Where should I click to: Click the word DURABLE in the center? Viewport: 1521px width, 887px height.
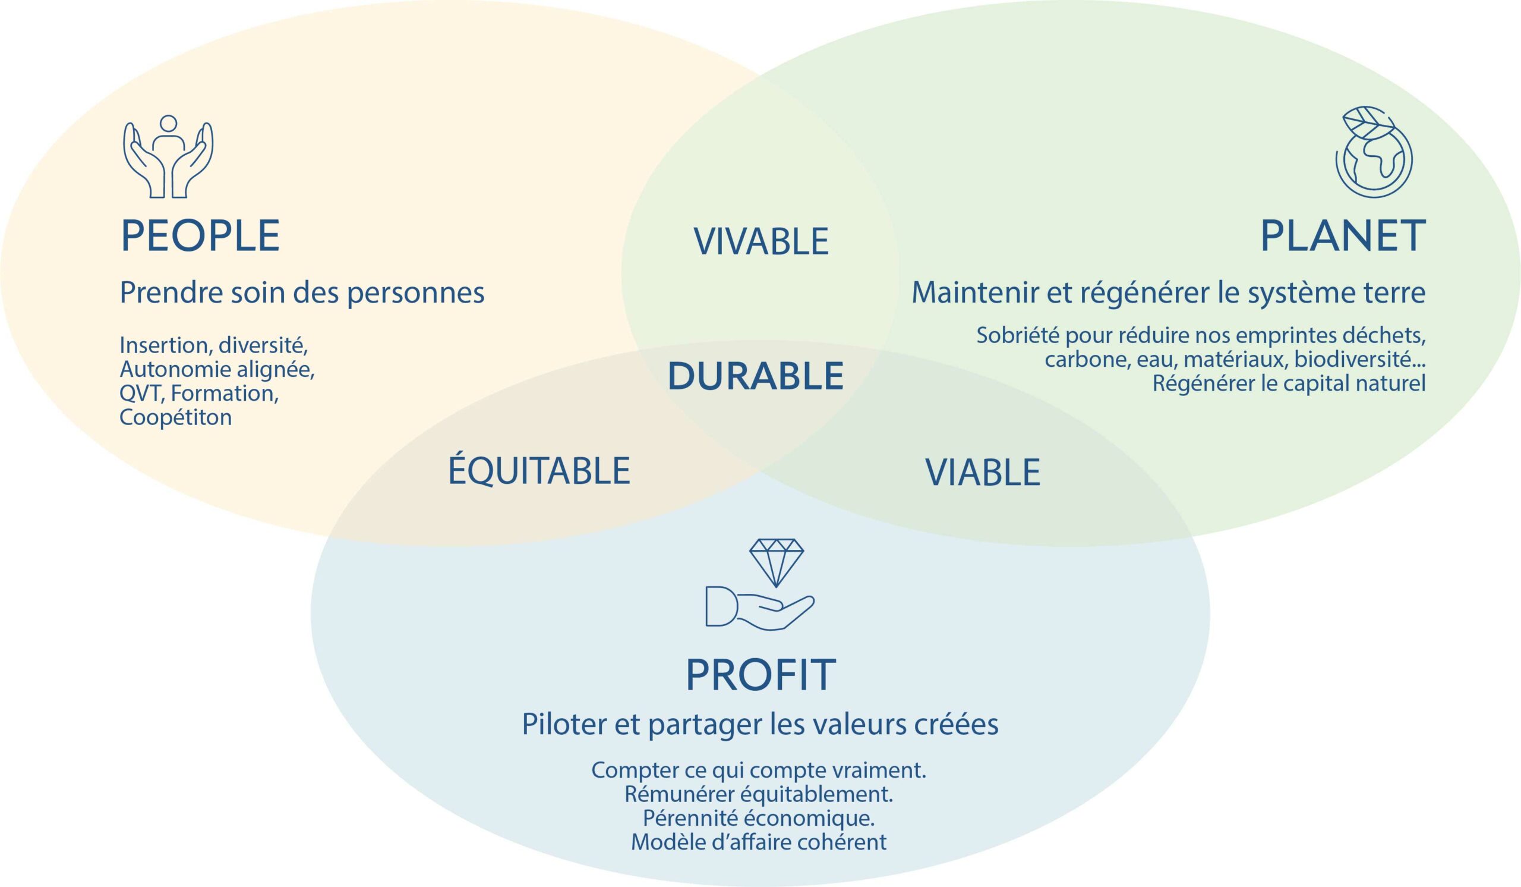pos(756,376)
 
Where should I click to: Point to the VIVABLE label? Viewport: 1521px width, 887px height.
pos(761,241)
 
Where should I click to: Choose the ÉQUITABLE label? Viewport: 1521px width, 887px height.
pos(539,471)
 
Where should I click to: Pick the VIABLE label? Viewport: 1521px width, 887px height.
pos(983,472)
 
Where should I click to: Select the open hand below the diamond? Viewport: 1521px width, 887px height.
pos(760,608)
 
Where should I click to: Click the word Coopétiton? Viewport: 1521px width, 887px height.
pos(176,417)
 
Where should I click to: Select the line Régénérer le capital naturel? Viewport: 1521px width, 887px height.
pos(1289,383)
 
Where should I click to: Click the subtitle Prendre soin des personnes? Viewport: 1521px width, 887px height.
pos(302,293)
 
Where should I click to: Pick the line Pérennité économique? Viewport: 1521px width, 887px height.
pos(759,818)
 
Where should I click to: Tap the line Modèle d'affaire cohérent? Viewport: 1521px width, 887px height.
pos(759,842)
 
